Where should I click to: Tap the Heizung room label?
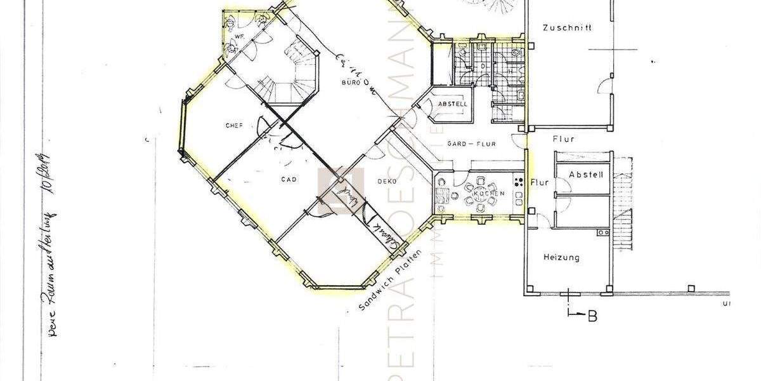[562, 258]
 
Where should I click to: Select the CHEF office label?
[234, 126]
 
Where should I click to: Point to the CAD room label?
[289, 180]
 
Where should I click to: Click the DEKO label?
[387, 182]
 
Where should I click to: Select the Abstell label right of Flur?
[586, 175]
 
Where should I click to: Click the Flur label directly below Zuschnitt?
[563, 138]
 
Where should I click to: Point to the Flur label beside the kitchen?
[540, 182]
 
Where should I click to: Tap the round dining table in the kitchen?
[481, 193]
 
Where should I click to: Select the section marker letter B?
[592, 316]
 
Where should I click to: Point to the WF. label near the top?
[240, 37]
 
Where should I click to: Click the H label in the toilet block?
[510, 71]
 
